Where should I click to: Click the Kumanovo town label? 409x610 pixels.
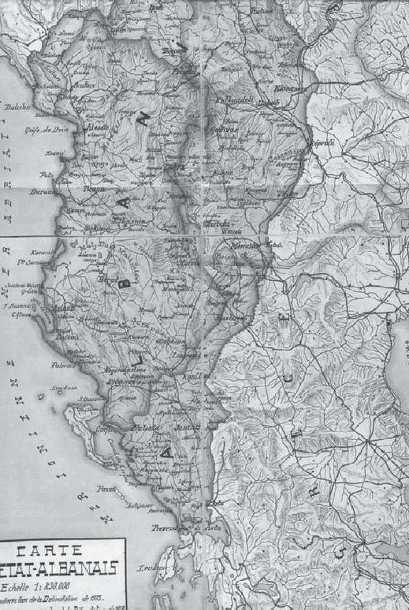(291, 88)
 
